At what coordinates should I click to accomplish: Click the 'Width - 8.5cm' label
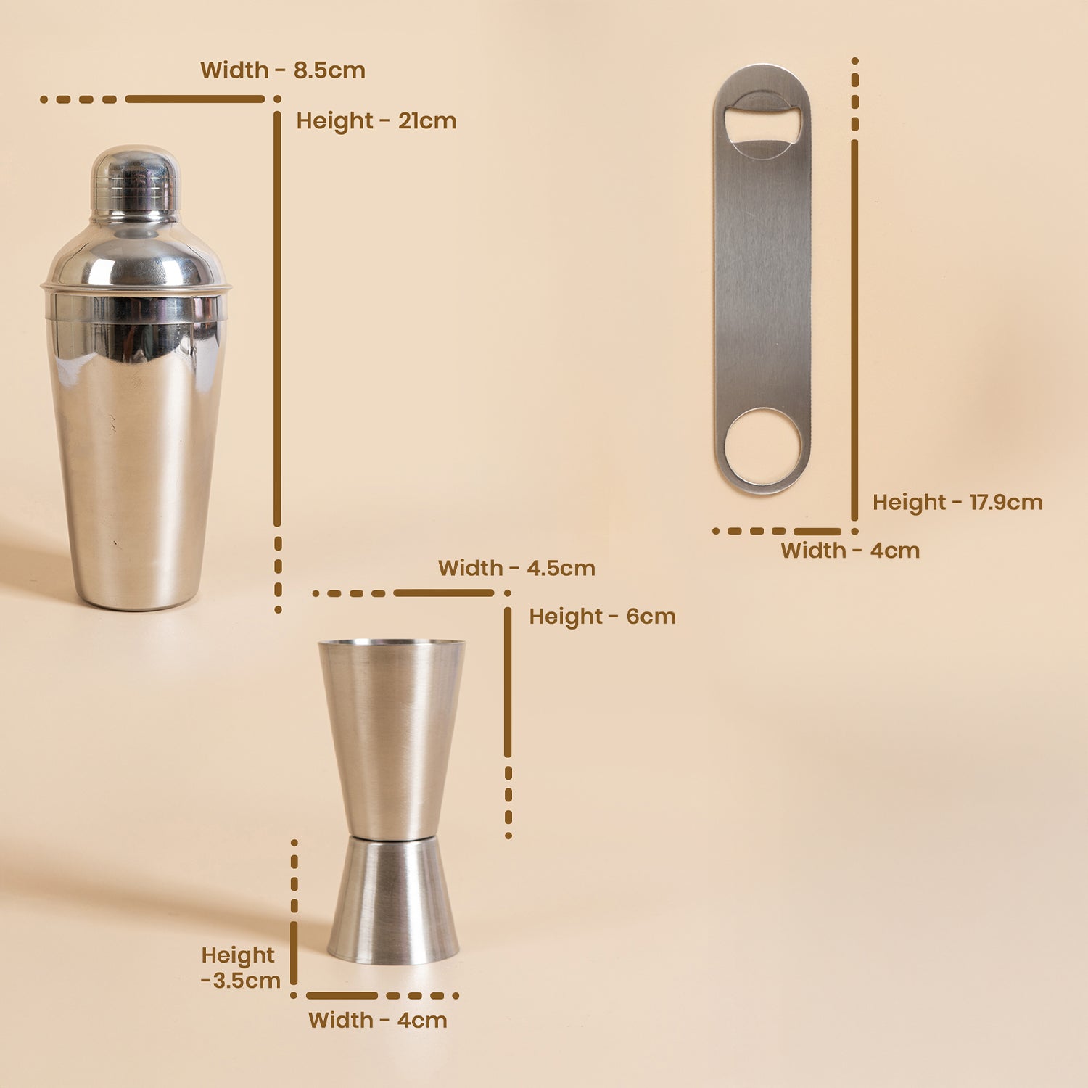pos(283,70)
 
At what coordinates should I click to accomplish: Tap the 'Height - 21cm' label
pos(376,120)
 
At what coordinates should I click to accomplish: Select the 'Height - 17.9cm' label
pos(957,502)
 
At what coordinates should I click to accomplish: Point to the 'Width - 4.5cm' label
pos(516,568)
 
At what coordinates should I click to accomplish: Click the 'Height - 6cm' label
pos(602,617)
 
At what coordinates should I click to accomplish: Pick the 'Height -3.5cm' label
pos(241,968)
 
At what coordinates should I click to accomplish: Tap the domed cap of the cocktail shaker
pos(135,183)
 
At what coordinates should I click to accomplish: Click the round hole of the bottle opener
pos(764,448)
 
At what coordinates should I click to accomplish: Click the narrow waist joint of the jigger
pos(392,838)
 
